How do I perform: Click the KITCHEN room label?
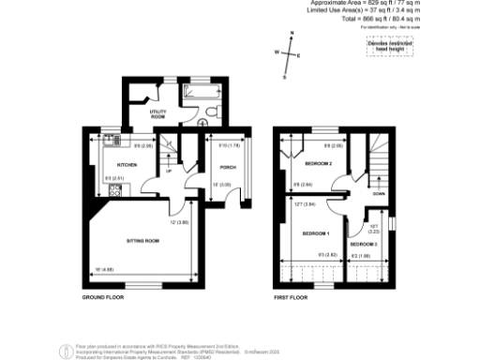[127, 166]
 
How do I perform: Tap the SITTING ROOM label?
[143, 241]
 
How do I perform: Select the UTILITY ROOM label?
[157, 114]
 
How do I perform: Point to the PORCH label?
[227, 167]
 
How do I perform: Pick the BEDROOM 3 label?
[377, 244]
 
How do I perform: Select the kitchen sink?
[113, 142]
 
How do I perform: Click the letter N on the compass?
[292, 35]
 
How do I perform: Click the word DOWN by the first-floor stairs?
[378, 194]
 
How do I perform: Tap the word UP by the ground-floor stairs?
[169, 171]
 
